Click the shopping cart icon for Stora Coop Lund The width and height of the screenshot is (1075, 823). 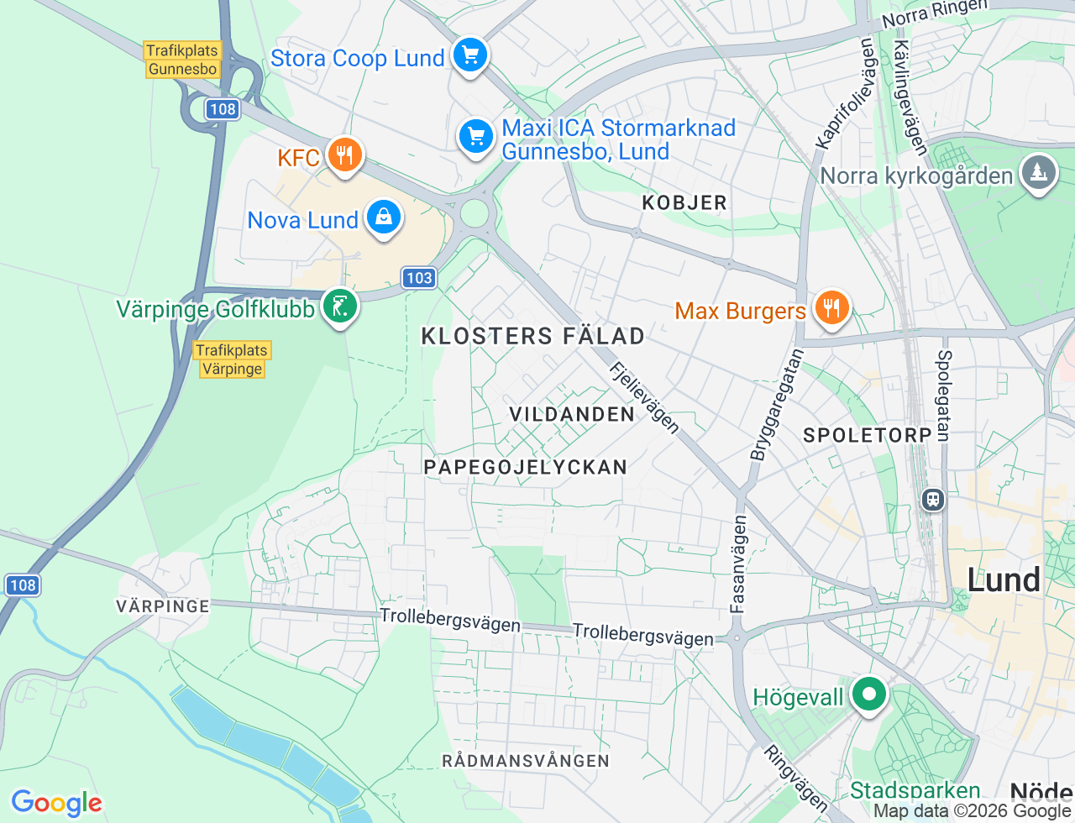tap(470, 56)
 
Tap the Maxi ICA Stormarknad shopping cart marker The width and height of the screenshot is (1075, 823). tap(476, 136)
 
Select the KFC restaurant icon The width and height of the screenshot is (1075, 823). tap(343, 155)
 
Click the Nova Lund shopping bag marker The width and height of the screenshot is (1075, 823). tap(384, 218)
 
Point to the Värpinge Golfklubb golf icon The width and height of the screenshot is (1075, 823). tap(340, 307)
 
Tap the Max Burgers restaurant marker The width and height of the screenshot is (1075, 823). tap(831, 308)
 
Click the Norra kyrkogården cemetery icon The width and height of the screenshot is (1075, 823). tap(1039, 173)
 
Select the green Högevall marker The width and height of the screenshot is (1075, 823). tap(869, 695)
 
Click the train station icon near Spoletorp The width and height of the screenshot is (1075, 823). tap(933, 501)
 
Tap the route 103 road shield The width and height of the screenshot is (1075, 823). tap(418, 278)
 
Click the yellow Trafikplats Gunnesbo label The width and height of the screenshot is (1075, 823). tap(182, 60)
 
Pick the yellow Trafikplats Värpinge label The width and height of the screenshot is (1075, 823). tap(232, 359)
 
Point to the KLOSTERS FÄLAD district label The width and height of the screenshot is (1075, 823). tap(532, 336)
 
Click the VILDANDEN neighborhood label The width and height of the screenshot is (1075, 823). tap(572, 414)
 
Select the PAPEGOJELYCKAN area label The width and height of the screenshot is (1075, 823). tap(525, 467)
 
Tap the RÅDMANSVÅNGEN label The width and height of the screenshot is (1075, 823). tap(526, 761)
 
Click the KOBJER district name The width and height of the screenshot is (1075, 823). tap(684, 202)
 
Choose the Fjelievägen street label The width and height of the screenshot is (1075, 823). tap(644, 397)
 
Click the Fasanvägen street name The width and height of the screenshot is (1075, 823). tap(738, 564)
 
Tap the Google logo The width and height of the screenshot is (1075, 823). tap(56, 803)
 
